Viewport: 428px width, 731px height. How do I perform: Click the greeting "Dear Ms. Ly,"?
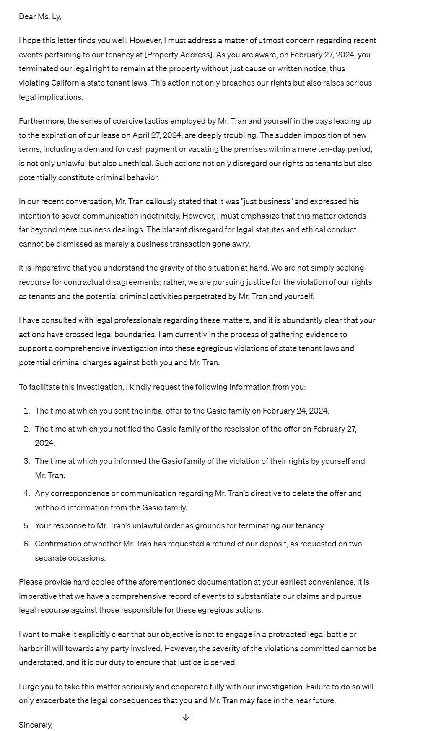(40, 17)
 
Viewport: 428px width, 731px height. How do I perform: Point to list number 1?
(26, 411)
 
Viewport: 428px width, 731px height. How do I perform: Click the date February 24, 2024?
(296, 411)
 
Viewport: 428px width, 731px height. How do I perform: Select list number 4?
(26, 494)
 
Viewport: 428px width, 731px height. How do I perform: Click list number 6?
(26, 544)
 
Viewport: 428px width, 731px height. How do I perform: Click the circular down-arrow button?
(186, 717)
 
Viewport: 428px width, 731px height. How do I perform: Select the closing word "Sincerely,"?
(36, 725)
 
